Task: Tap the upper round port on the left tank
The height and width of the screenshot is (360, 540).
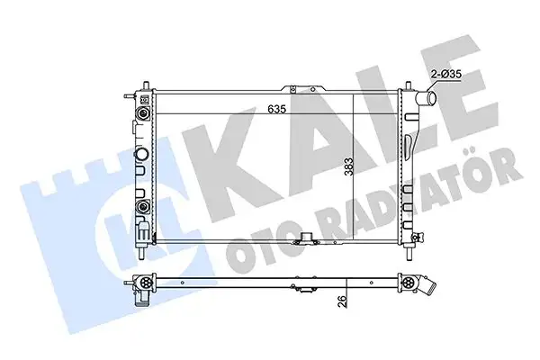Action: (142, 115)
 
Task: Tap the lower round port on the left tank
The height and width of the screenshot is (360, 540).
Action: (142, 210)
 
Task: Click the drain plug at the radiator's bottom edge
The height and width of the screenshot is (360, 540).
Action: (308, 240)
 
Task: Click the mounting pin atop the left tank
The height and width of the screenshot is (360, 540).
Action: (142, 88)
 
